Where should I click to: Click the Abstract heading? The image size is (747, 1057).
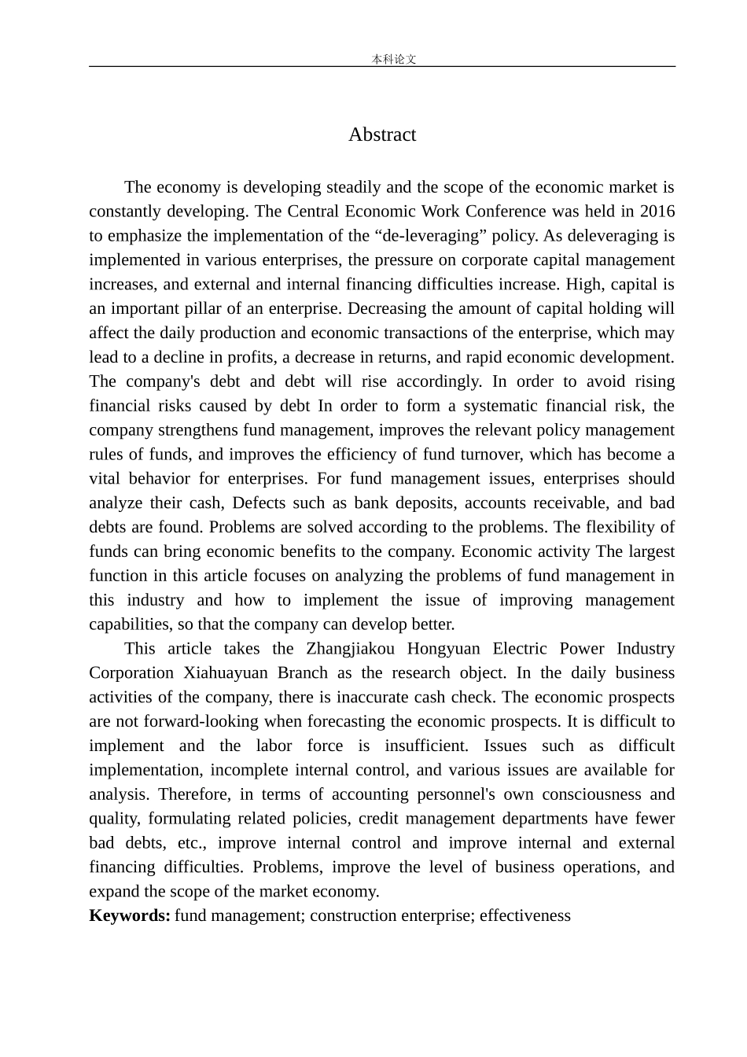tap(382, 134)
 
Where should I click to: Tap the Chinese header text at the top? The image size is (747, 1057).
tap(393, 60)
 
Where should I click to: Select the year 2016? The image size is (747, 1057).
tap(657, 212)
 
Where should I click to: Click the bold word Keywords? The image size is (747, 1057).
tap(130, 915)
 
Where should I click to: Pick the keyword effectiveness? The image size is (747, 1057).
tap(525, 915)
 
